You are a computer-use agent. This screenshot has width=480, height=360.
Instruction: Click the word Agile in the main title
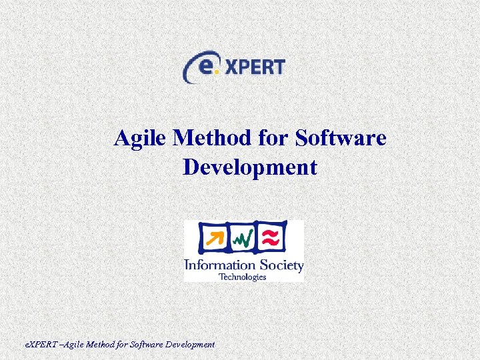tap(141, 139)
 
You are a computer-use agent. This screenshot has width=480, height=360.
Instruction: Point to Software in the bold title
tap(340, 139)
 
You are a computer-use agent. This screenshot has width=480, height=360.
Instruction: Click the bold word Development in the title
tap(250, 167)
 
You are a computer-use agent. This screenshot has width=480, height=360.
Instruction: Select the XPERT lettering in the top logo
tap(254, 67)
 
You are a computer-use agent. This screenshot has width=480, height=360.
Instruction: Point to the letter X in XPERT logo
tap(230, 67)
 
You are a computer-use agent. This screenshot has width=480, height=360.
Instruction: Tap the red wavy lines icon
tap(272, 237)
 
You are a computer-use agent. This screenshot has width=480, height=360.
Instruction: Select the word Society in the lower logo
tap(279, 266)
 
